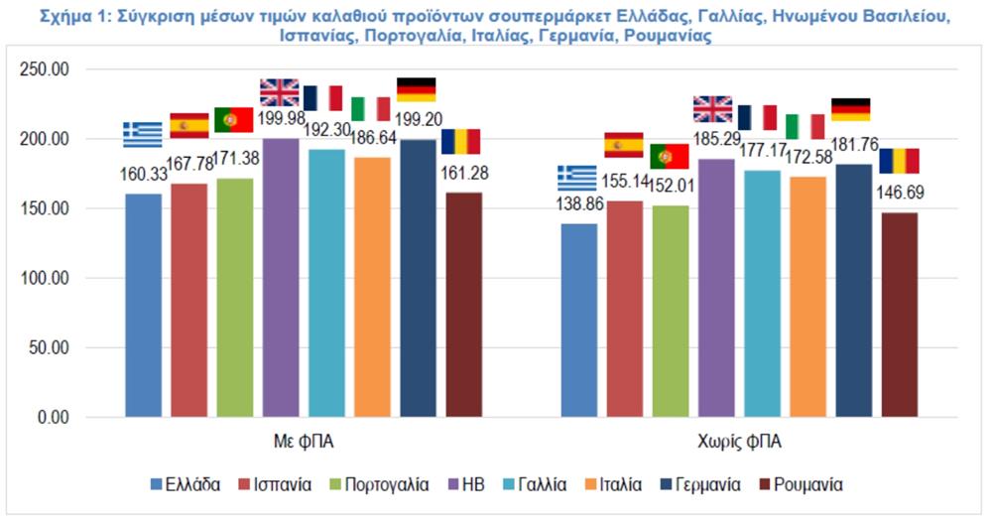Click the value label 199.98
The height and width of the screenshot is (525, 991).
(281, 121)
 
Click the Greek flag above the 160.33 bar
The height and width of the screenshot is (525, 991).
(143, 134)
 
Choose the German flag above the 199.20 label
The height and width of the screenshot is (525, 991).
(416, 89)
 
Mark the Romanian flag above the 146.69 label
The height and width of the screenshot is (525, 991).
(899, 161)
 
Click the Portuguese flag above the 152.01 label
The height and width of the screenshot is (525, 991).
(670, 156)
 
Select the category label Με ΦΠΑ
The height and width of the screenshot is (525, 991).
(304, 440)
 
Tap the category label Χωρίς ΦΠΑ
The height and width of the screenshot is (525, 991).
(740, 440)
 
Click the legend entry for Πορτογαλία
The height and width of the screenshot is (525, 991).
(382, 485)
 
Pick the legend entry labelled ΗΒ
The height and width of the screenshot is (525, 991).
(485, 485)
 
